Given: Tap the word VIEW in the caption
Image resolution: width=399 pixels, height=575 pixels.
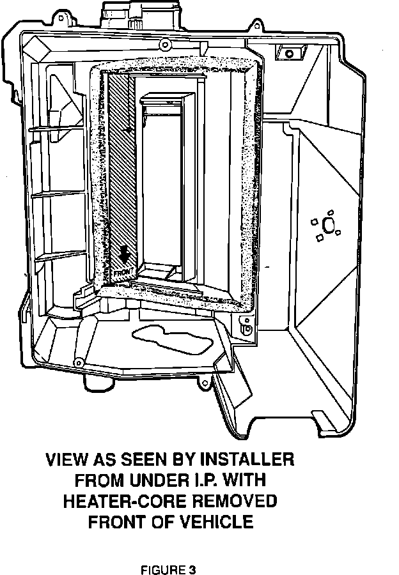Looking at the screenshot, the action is click(66, 459).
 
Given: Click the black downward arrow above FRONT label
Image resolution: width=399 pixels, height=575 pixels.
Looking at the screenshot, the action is click(125, 255).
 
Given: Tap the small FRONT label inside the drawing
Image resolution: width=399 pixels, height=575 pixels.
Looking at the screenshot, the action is click(123, 272).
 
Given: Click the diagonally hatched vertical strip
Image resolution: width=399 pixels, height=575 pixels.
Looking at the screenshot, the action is click(118, 166).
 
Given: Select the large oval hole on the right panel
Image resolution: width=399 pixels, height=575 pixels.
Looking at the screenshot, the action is click(329, 225).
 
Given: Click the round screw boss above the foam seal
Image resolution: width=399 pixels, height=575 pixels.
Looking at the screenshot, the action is click(164, 44).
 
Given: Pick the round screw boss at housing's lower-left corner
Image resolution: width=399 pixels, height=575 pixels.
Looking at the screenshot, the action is click(79, 362).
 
